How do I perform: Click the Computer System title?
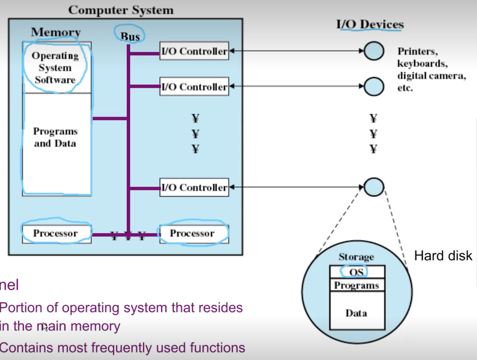(121, 10)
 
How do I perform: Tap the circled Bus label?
(130, 36)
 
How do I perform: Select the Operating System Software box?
(55, 67)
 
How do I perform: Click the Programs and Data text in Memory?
(55, 137)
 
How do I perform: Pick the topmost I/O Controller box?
(194, 51)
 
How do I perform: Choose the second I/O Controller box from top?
(194, 86)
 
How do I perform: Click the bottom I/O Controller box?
(194, 187)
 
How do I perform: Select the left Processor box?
(56, 233)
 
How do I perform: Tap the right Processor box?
(192, 233)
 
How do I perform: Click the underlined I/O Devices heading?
(370, 24)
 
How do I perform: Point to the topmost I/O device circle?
(374, 51)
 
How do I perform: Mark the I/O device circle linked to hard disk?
(374, 187)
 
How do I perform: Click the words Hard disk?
(443, 255)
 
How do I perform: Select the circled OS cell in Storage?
(356, 272)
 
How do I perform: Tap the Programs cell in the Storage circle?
(356, 285)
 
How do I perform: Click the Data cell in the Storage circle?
(356, 313)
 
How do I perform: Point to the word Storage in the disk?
(356, 257)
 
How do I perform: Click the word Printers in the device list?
(417, 51)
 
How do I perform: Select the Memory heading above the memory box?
(56, 32)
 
